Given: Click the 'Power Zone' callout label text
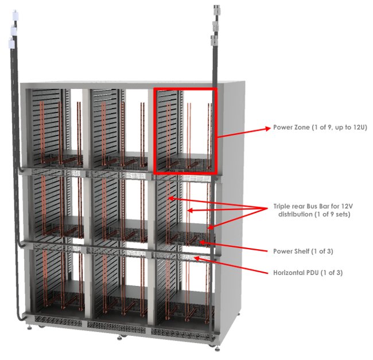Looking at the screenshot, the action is coord(320,127).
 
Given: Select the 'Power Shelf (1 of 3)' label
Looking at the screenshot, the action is coord(303,251).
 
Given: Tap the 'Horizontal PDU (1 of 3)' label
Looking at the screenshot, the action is coord(308,272).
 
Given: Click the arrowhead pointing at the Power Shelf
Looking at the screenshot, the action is coord(202,242).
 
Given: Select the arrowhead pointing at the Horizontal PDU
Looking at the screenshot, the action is coord(197,258).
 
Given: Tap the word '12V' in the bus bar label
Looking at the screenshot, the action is coord(347,206).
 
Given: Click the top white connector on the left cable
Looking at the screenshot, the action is coord(16,15).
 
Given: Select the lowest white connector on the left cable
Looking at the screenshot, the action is coord(11,43).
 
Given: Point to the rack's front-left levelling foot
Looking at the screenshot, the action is coord(29,327).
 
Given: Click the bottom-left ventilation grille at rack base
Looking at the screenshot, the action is coord(58,320).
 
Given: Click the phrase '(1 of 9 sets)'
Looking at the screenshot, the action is coord(332,214).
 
